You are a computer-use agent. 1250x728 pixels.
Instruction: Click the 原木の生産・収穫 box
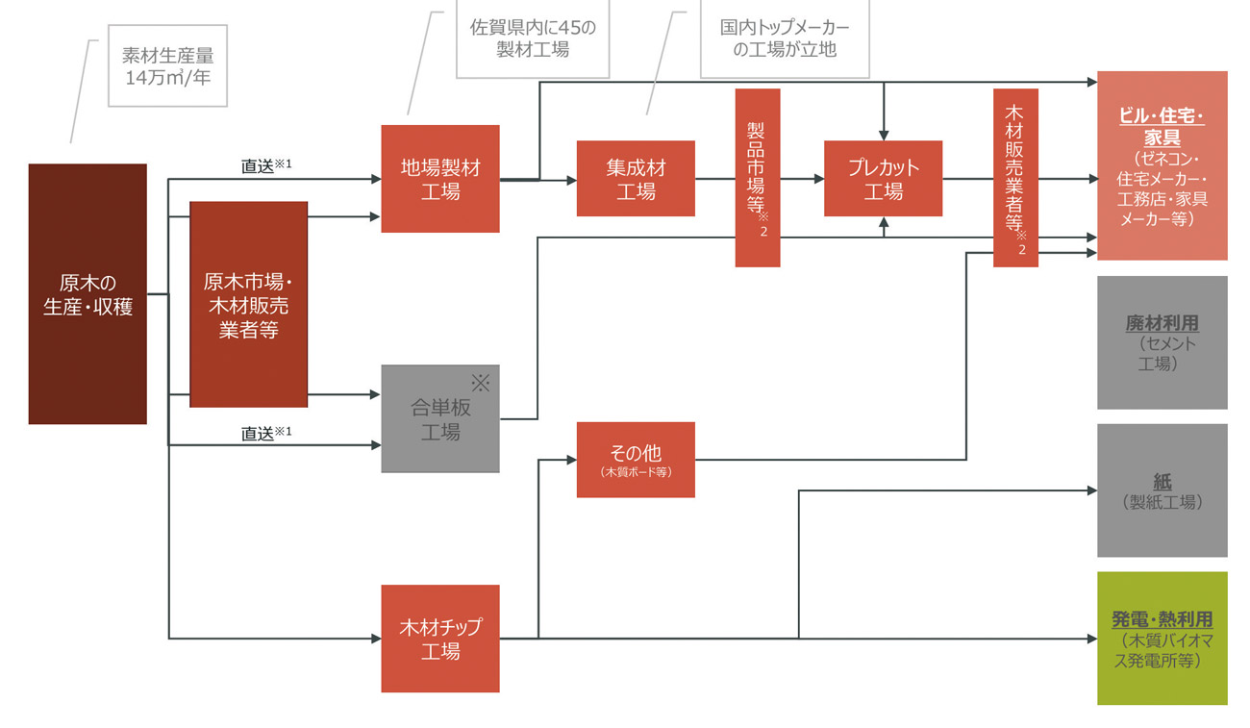[87, 294]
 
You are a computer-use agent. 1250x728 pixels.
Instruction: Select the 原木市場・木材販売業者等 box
[248, 304]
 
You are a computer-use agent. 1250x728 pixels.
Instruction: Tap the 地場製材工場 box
[440, 179]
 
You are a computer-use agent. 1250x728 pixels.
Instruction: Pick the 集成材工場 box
[636, 179]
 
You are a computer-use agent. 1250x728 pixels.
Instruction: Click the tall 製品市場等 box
[758, 177]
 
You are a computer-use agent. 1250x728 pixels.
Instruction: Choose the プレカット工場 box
[883, 179]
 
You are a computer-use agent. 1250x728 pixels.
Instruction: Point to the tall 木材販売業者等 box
[1015, 177]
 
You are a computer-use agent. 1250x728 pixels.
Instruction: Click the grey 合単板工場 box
[440, 418]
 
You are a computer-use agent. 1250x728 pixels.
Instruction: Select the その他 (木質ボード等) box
[636, 459]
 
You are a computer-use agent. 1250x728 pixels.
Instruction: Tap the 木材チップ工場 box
[440, 639]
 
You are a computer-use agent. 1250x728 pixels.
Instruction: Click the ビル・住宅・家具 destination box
[1162, 165]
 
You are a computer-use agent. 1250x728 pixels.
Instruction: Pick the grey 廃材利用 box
[1162, 342]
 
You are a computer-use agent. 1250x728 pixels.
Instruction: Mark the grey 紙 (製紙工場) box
[1162, 490]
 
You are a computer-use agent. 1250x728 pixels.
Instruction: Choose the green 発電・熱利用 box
[1162, 639]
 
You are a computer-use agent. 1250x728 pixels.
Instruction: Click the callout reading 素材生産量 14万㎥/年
[168, 66]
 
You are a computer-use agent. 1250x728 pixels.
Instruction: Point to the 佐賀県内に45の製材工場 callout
[533, 38]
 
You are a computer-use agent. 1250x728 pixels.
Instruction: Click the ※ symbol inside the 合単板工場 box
[480, 384]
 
